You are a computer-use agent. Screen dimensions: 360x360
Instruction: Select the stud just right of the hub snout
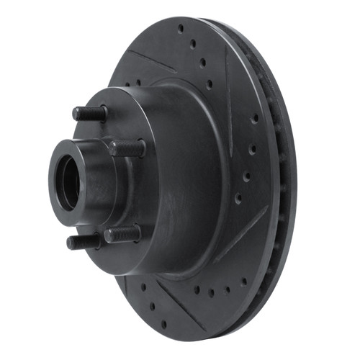126,148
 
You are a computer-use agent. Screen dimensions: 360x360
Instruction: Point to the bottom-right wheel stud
122,234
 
